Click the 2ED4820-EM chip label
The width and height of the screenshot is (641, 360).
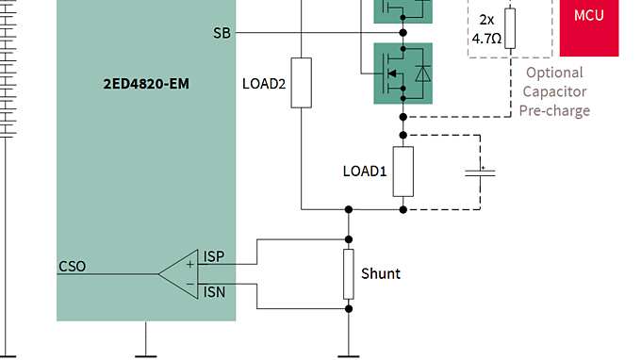[146, 84]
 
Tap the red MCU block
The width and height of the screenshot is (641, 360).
[589, 17]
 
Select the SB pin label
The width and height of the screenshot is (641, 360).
[222, 33]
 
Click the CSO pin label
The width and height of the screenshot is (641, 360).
[72, 266]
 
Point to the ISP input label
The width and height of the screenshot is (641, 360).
[214, 256]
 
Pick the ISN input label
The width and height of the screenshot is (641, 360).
[214, 292]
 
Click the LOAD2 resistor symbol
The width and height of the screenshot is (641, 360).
[301, 82]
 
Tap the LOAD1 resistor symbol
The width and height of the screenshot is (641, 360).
[403, 171]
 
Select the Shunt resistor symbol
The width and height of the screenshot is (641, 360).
[349, 272]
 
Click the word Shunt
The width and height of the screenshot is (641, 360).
[381, 273]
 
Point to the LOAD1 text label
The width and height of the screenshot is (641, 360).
[364, 172]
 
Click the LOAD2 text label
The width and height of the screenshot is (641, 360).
[264, 83]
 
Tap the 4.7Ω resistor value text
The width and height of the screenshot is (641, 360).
[490, 40]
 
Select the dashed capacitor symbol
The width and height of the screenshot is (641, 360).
[482, 172]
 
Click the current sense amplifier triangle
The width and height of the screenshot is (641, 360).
[179, 274]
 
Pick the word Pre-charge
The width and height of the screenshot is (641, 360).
[554, 110]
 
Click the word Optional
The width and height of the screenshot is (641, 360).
[554, 73]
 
